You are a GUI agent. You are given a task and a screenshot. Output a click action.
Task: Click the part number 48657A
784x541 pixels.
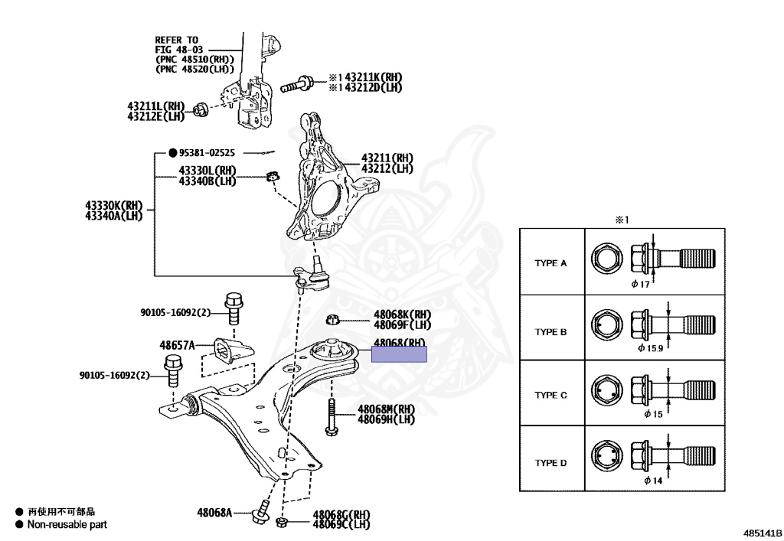click(177, 345)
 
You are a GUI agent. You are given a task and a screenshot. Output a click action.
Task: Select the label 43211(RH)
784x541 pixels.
click(387, 158)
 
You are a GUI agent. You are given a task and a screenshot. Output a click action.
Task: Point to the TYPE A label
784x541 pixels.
click(550, 262)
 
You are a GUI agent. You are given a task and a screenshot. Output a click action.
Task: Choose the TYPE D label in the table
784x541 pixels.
click(550, 463)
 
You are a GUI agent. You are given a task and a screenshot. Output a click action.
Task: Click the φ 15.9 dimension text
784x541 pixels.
click(651, 348)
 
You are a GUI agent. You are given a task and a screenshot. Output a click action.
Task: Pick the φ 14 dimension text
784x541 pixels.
click(652, 481)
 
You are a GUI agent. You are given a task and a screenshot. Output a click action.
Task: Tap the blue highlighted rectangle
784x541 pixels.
click(399, 354)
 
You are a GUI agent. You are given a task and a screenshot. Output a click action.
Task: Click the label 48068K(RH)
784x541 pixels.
click(403, 314)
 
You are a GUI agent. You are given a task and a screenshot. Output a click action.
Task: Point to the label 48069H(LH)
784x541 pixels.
click(386, 419)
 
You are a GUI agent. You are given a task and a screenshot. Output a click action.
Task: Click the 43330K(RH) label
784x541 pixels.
click(114, 205)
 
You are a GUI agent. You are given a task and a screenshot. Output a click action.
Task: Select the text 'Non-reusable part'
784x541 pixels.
click(67, 525)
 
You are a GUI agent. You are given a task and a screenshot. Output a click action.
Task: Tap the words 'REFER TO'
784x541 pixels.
click(177, 40)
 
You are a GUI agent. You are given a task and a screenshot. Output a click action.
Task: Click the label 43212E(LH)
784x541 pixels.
click(156, 116)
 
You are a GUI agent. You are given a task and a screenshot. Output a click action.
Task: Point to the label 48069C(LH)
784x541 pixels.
click(341, 524)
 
